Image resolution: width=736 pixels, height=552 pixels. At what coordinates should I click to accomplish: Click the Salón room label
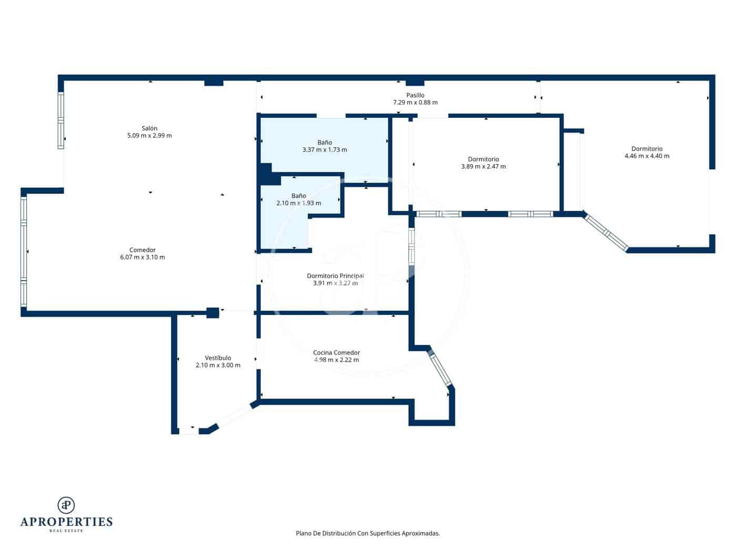tap(149, 128)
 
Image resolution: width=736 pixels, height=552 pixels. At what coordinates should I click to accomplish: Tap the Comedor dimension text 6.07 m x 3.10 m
tap(142, 258)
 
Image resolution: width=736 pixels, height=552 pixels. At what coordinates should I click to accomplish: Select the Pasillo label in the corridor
tap(415, 95)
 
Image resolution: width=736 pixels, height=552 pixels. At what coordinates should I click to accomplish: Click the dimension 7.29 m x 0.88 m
tap(415, 103)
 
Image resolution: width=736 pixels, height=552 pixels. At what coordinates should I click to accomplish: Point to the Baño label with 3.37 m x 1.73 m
tap(324, 142)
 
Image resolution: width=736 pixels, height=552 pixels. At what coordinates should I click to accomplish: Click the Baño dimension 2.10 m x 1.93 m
tap(299, 203)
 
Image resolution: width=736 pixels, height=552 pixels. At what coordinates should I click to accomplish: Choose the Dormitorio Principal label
tap(335, 276)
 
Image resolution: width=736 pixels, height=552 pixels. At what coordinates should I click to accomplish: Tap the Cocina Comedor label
tap(336, 353)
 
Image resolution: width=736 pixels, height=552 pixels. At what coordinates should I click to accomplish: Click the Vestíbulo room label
tap(218, 358)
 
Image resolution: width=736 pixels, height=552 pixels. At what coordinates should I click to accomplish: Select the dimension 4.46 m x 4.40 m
tap(647, 156)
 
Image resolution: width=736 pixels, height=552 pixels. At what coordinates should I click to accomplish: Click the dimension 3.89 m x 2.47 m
tap(483, 167)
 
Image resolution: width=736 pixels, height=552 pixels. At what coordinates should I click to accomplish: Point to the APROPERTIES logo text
tap(66, 522)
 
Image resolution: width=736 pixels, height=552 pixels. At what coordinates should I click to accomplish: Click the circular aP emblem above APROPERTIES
tap(66, 505)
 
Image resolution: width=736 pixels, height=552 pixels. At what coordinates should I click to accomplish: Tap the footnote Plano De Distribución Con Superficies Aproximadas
tap(367, 533)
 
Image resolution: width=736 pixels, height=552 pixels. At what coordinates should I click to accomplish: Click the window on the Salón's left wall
tap(61, 121)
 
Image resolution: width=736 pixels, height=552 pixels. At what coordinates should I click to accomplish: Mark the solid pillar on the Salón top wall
tap(213, 82)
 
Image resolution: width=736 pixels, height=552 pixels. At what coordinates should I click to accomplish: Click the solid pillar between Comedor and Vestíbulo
tap(212, 313)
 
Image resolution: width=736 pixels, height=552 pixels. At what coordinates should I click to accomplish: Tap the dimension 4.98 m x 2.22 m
tap(336, 360)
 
